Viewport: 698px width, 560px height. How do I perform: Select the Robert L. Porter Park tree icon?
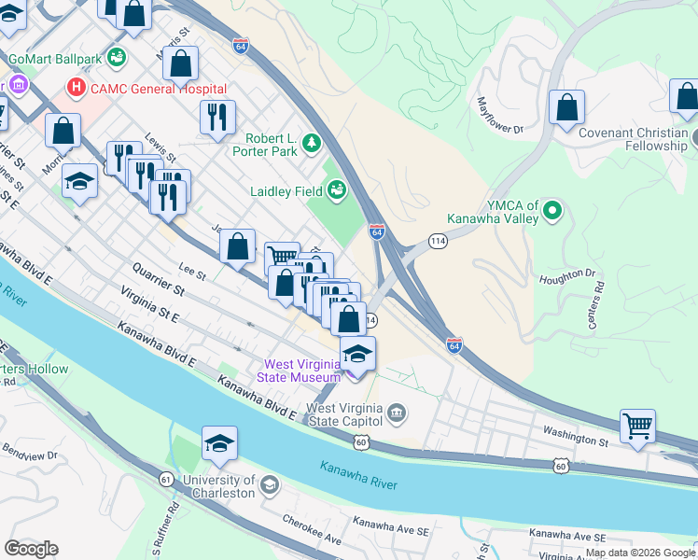click(x=311, y=144)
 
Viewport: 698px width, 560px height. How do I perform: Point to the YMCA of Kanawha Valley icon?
click(x=551, y=212)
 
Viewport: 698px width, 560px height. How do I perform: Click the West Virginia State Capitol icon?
click(x=396, y=412)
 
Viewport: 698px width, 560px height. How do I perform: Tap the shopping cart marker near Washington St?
click(x=638, y=426)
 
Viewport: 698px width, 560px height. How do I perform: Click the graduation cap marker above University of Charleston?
click(x=219, y=443)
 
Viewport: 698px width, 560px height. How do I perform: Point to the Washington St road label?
click(x=576, y=436)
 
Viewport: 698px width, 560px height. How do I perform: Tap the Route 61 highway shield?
click(x=166, y=479)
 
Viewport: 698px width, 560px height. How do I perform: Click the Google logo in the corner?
click(x=31, y=549)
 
